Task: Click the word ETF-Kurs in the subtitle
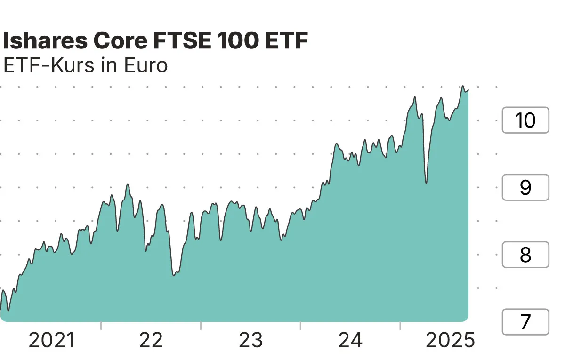pos(48,66)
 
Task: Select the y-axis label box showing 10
pos(525,120)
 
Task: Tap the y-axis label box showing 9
pos(525,187)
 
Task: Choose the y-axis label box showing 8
pos(525,255)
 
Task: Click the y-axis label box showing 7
pos(525,322)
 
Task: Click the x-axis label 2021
pos(52,340)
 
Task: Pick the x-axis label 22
pos(151,340)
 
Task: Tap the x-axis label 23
pos(250,340)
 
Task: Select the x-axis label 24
pos(351,340)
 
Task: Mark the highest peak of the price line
pos(463,86)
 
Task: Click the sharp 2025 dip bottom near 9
pos(426,183)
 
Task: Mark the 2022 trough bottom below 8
pos(174,275)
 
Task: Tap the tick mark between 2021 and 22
pos(101,326)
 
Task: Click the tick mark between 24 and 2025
pos(400,326)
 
